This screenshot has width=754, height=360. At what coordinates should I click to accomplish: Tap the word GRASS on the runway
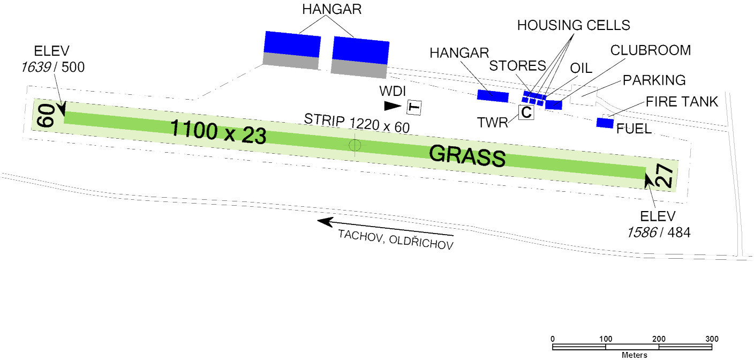[468, 155]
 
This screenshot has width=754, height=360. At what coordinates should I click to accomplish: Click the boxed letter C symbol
[526, 112]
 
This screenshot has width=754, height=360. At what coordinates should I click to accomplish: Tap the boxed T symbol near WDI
[414, 107]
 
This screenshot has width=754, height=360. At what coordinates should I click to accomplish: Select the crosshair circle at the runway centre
[355, 145]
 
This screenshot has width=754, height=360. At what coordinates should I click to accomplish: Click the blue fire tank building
[605, 123]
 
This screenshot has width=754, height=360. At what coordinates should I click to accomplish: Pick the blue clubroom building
[553, 104]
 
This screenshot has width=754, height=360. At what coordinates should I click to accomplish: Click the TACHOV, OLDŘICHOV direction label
[396, 241]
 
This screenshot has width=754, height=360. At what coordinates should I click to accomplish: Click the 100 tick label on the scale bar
[606, 339]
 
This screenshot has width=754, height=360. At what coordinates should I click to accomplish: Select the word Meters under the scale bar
[634, 355]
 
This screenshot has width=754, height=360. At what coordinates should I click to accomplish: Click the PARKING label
[654, 80]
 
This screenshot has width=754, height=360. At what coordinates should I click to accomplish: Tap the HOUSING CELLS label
[574, 25]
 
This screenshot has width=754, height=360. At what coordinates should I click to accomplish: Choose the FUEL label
[634, 129]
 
